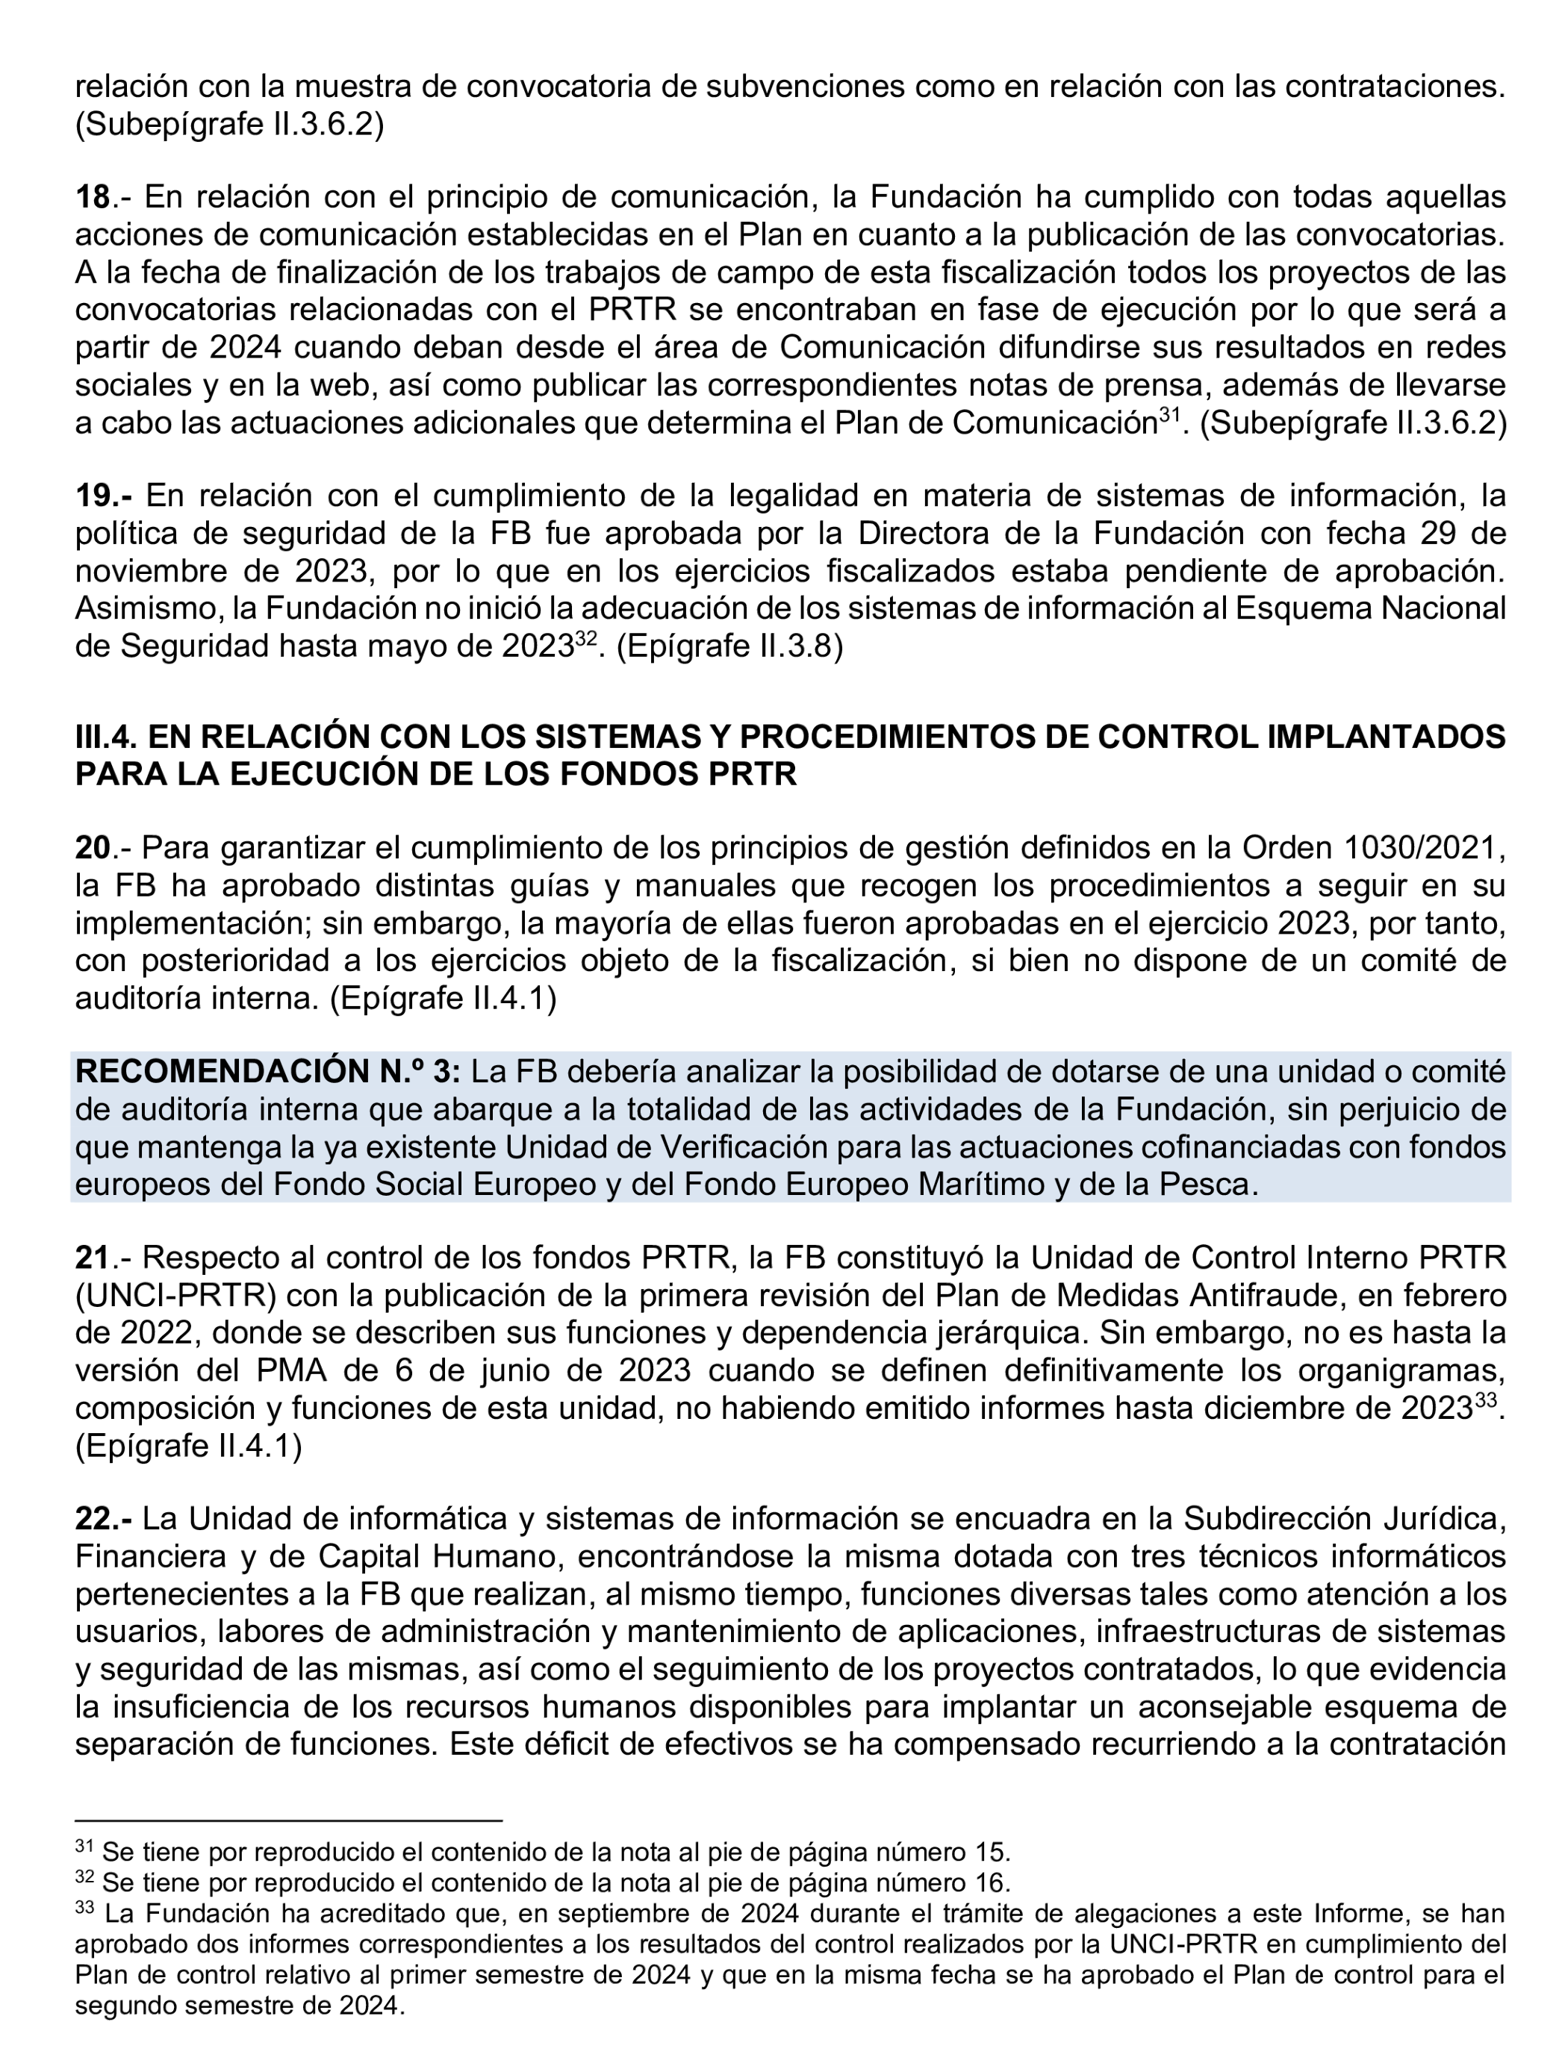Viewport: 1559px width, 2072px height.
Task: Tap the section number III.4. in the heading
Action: point(106,737)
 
